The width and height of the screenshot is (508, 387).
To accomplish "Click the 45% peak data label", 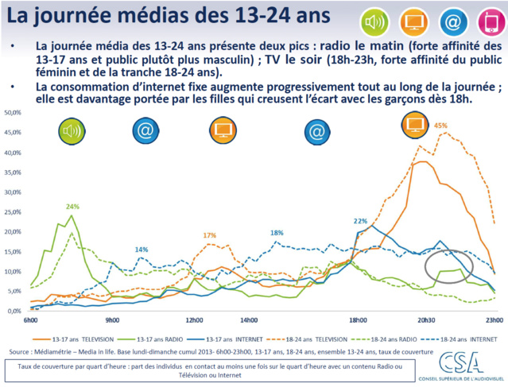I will coord(440,126).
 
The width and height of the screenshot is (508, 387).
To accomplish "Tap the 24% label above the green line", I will coord(72,207).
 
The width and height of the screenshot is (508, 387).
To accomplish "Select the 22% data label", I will coord(360,221).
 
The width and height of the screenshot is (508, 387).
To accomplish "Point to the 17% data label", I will coord(209,235).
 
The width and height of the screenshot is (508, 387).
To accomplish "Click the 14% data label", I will coord(141,250).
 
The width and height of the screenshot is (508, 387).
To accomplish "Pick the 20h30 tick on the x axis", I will coord(428,319).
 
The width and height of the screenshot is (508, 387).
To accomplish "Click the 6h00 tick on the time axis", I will coord(31,319).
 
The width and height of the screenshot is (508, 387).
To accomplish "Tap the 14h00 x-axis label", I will coord(249,319).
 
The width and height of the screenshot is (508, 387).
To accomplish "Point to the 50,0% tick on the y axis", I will coord(14,113).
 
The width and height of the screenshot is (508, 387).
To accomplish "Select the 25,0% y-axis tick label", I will coord(14,212).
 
